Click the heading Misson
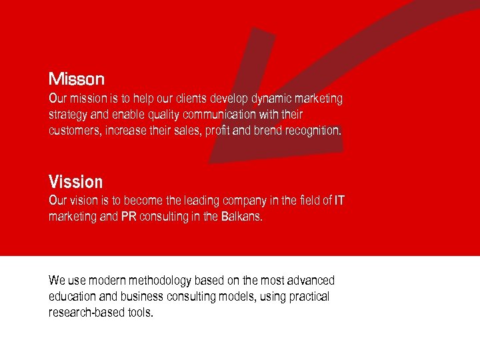77,79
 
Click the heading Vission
76,181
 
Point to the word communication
219,115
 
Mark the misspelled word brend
268,131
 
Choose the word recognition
313,131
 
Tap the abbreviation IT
339,201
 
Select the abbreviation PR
129,217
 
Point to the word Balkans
241,217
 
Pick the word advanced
312,281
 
